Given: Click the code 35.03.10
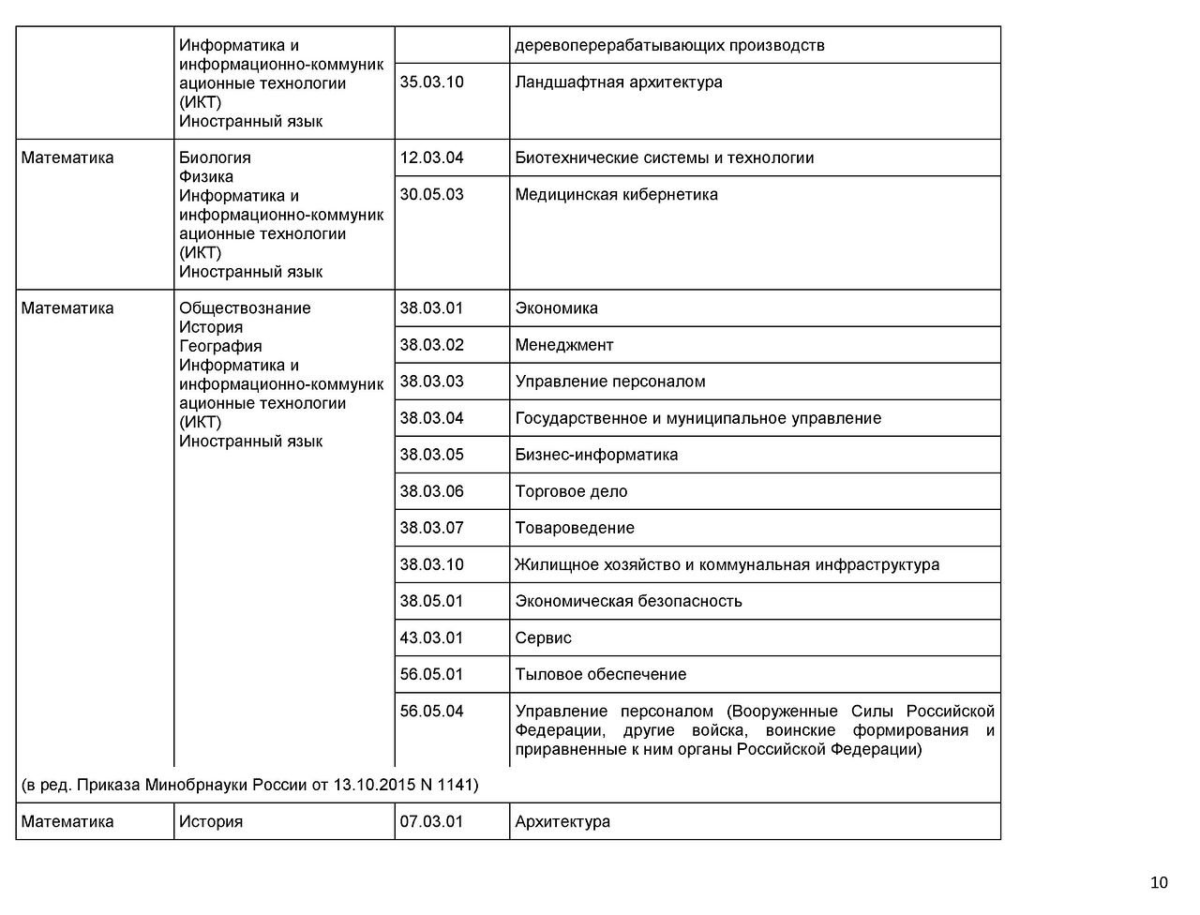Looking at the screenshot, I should point(431,82).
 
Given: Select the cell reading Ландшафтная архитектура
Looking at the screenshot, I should point(619,82).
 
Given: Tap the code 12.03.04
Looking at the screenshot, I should point(431,158).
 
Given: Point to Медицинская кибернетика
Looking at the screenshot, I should point(616,195).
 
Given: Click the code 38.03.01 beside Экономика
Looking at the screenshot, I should point(431,308).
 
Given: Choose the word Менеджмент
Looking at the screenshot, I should point(563,345).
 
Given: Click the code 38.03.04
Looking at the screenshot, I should point(431,418).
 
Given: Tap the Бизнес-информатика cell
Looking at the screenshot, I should point(596,455).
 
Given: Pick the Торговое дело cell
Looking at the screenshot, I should point(571,491).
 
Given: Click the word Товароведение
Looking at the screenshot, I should point(575,528).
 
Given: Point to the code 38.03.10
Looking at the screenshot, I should point(431,564).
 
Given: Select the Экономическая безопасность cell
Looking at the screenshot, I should point(628,601).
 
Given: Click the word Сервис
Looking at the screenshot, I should point(543,638).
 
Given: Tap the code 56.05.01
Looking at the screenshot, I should point(431,675).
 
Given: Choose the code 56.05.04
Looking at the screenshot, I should point(431,712).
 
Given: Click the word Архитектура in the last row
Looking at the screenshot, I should point(562,822).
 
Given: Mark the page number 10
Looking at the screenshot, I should point(1159,882).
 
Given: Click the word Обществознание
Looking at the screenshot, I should point(245,308).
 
